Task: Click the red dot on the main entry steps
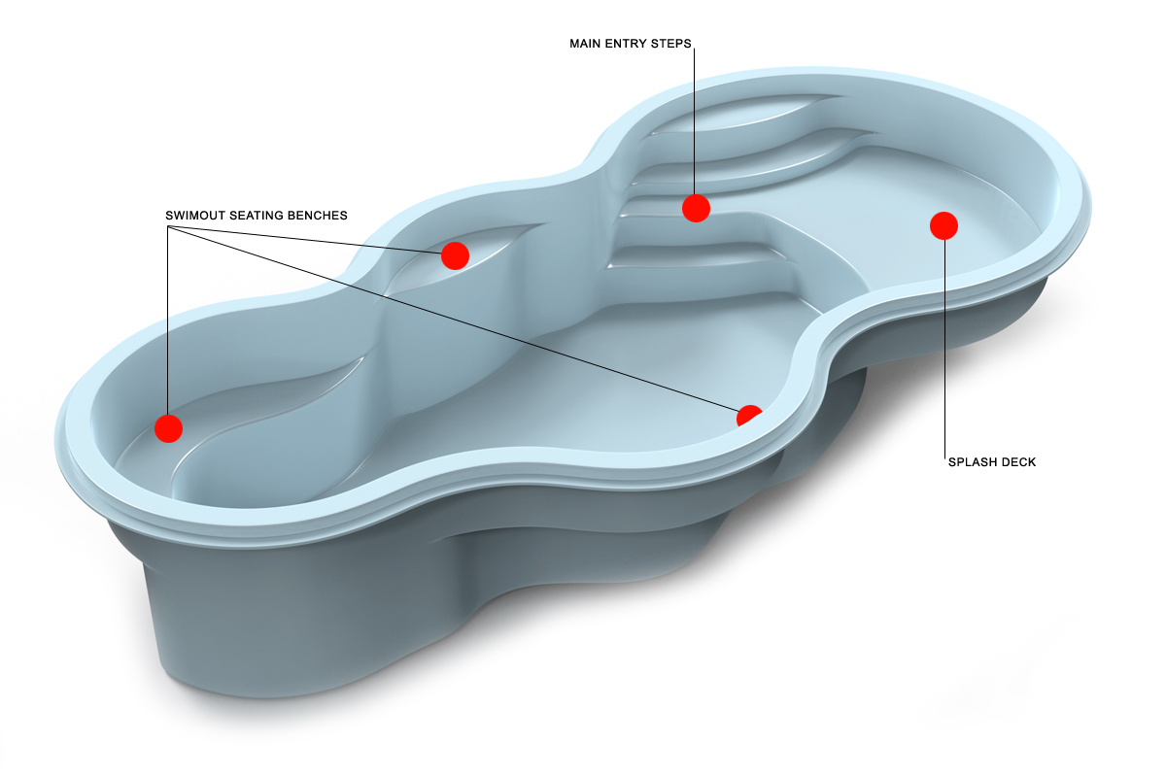(696, 208)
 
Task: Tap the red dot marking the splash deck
(943, 225)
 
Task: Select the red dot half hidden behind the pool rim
(749, 416)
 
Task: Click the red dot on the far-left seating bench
(169, 427)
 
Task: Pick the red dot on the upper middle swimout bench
(455, 255)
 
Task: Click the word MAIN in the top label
(586, 44)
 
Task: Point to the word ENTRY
(629, 44)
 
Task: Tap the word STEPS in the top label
(673, 44)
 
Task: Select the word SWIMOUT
(193, 215)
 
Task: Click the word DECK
(1019, 462)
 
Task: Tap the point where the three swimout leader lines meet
(169, 227)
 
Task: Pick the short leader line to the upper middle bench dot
(311, 240)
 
